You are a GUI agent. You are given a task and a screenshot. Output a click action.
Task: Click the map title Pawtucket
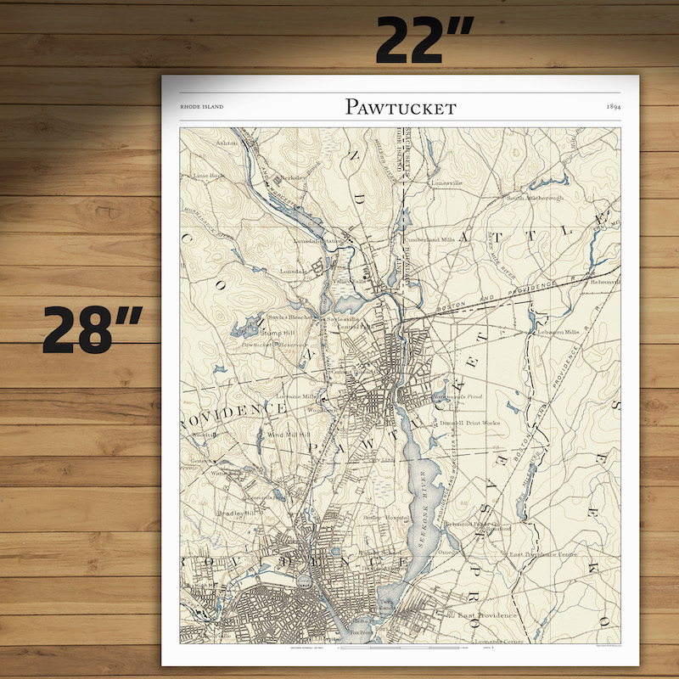click(x=401, y=107)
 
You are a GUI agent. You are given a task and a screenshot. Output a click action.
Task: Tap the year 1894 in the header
click(x=616, y=107)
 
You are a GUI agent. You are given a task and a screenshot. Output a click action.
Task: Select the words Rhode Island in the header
click(x=202, y=108)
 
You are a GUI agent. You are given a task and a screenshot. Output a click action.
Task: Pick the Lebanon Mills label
click(x=558, y=332)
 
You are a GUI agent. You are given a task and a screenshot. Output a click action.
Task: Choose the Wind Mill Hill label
click(x=289, y=434)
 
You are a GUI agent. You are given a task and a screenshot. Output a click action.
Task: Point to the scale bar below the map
click(x=399, y=648)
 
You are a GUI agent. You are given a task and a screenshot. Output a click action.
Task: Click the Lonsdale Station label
click(x=310, y=240)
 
